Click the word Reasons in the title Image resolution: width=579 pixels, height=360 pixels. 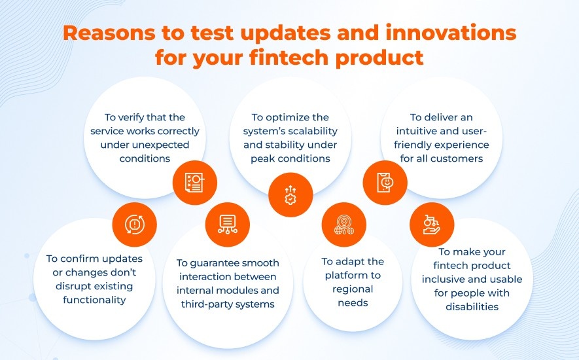109,33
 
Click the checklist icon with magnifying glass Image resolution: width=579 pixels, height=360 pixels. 194,183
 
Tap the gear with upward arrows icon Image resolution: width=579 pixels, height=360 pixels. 290,195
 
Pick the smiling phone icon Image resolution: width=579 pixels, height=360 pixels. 385,182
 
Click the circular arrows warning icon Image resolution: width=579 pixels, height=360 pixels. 134,225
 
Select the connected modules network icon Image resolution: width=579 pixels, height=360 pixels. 228,225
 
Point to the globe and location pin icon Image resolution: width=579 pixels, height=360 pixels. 343,225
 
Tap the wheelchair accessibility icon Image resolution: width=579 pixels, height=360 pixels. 432,225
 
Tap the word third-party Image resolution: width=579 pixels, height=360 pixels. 205,304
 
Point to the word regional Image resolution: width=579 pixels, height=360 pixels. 353,289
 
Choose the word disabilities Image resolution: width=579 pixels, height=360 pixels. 472,307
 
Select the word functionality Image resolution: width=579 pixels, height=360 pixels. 94,300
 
